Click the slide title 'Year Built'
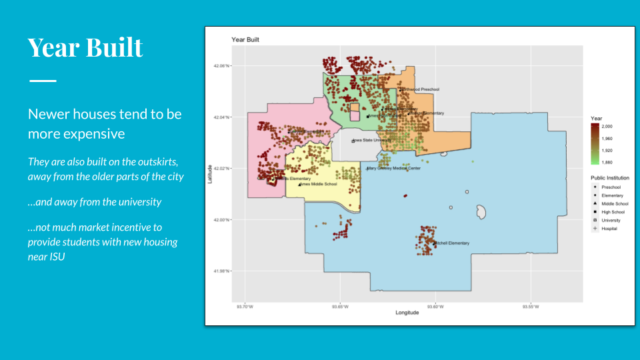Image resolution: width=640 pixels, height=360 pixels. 85,48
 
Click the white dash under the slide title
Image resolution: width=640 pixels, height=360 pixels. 43,81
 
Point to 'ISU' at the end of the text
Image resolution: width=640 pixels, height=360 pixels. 55,255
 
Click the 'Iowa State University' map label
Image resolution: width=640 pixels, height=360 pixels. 372,141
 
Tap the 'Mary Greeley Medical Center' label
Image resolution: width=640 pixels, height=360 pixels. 395,168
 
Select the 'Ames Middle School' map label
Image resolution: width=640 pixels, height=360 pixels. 319,184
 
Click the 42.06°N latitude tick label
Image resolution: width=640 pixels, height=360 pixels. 221,65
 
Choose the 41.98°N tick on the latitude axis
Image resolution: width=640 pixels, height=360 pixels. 221,271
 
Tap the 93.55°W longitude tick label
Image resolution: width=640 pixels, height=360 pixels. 530,307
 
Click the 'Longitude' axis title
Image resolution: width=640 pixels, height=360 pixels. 407,313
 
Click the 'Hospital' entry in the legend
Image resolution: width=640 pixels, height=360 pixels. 609,229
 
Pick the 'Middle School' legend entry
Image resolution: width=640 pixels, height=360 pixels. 615,203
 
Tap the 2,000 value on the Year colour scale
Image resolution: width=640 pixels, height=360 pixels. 607,126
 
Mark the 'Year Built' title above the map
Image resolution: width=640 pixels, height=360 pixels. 245,40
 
